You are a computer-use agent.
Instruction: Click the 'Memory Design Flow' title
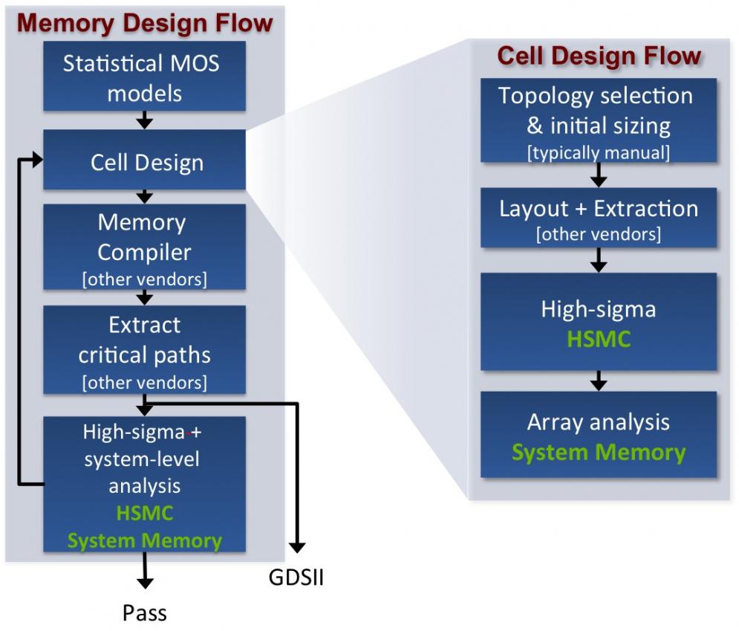click(145, 23)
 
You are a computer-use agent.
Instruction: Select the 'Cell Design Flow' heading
click(599, 56)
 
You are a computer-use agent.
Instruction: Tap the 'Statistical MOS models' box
click(145, 76)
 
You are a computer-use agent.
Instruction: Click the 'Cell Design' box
click(145, 160)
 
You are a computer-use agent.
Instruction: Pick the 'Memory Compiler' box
click(145, 247)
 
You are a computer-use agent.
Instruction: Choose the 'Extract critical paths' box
click(145, 349)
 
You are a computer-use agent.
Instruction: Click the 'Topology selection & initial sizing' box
click(599, 120)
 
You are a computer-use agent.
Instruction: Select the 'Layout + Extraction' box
click(599, 218)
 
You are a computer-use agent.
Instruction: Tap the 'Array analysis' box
click(599, 434)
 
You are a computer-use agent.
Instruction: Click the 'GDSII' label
click(296, 577)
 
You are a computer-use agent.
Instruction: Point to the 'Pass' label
click(145, 613)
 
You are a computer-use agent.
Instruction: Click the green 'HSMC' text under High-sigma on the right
click(599, 339)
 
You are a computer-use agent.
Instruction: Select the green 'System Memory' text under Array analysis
click(599, 453)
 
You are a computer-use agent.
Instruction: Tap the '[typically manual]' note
click(599, 153)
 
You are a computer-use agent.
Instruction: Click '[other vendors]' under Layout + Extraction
click(599, 234)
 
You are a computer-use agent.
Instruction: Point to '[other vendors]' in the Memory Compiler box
click(145, 279)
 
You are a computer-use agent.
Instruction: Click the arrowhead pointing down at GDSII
click(297, 548)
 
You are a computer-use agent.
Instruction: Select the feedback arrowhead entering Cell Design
click(37, 159)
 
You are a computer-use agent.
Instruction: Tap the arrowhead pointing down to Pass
click(145, 583)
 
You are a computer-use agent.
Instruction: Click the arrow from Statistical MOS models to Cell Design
click(145, 120)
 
